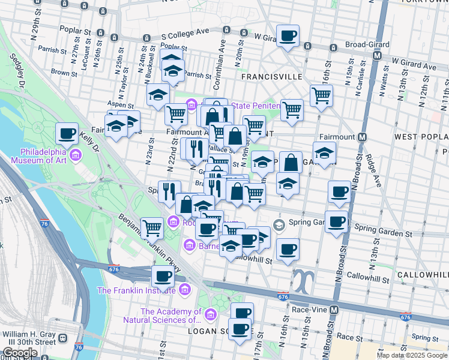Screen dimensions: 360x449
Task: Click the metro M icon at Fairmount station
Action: click(x=362, y=137)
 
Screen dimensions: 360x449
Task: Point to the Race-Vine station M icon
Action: click(x=335, y=310)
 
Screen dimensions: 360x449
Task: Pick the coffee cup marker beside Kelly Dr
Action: click(x=67, y=133)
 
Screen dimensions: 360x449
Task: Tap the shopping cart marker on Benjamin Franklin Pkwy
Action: click(x=154, y=228)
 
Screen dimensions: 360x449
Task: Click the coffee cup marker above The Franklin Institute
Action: click(x=163, y=277)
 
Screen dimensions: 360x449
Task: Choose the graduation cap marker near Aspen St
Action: click(x=158, y=95)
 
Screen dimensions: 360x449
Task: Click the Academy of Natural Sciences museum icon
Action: click(x=210, y=314)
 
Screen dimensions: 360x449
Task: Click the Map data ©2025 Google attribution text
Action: click(x=412, y=355)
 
